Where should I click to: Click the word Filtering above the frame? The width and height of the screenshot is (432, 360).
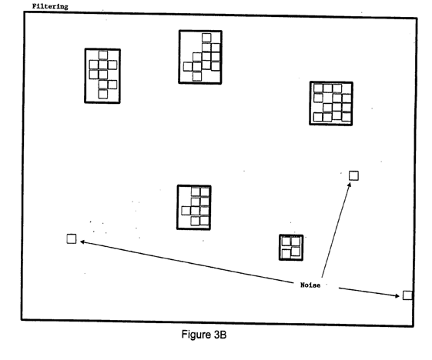[x=50, y=6]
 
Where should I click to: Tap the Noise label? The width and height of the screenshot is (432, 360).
[x=310, y=285]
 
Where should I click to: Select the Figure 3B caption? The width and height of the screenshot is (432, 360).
[x=204, y=335]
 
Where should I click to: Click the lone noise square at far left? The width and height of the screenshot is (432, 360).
[x=72, y=238]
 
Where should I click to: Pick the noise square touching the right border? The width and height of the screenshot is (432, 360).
[x=407, y=295]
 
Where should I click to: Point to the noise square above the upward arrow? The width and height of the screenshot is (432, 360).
[x=353, y=175]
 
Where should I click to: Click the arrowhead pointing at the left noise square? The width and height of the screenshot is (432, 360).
[x=82, y=242]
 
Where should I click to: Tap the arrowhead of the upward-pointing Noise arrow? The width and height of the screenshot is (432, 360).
[x=349, y=185]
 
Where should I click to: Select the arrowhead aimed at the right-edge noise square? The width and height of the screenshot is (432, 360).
[x=397, y=296]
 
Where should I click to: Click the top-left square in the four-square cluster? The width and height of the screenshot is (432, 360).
[x=286, y=242]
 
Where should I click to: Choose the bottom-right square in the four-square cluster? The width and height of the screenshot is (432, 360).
[x=296, y=252]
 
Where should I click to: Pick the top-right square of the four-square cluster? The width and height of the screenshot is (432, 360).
[x=296, y=242]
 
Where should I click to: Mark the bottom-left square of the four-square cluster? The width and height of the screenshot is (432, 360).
[x=286, y=254]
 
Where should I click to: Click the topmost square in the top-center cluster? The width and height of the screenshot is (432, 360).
[x=206, y=38]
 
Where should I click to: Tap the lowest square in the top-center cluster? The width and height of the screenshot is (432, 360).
[x=197, y=76]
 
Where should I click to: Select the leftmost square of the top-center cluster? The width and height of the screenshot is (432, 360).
[x=188, y=67]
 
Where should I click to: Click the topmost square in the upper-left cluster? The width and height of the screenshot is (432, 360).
[x=103, y=55]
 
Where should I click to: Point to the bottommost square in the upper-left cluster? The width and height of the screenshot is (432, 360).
[x=103, y=94]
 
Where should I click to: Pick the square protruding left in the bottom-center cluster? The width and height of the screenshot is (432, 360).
[x=186, y=211]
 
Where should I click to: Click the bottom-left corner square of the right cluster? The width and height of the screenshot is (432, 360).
[x=318, y=117]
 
